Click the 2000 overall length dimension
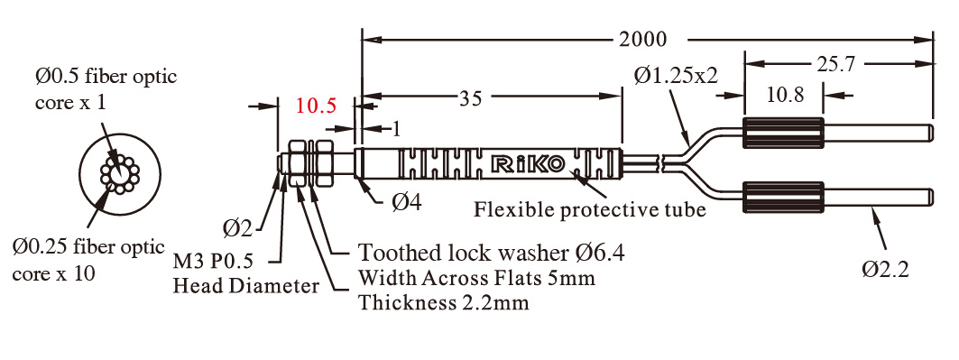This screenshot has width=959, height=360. tap(642, 39)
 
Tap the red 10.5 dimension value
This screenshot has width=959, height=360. tap(316, 106)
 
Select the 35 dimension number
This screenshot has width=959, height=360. tap(471, 97)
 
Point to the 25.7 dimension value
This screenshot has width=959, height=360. tap(835, 63)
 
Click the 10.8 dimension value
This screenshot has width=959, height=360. tap(784, 95)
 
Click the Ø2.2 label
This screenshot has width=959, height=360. tap(886, 269)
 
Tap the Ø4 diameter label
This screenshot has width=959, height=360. tap(406, 202)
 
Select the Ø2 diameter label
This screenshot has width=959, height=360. tap(237, 228)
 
